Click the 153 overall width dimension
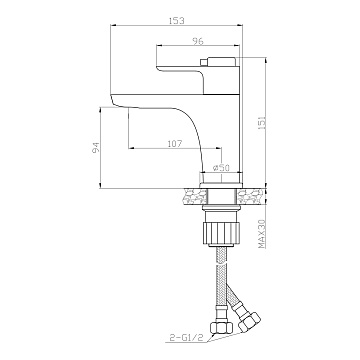177,21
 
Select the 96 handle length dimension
198,41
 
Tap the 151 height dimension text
262,123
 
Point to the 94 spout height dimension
96,147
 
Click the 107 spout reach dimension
175,144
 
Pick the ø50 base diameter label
221,168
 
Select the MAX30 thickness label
262,234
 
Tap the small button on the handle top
203,62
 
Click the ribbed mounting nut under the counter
221,233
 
